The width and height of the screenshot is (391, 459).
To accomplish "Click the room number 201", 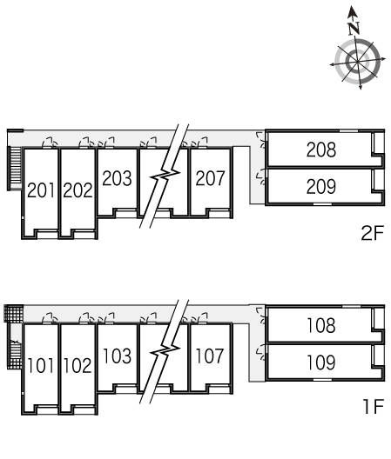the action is (41, 190).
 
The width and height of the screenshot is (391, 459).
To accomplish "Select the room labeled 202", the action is (78, 190).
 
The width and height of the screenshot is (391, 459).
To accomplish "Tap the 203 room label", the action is (117, 178).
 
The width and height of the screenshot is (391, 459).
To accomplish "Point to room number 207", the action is (210, 178).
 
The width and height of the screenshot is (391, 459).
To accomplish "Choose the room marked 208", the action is (321, 150).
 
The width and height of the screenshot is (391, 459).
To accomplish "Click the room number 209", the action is (321, 186).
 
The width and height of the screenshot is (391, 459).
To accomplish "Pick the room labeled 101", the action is (41, 366).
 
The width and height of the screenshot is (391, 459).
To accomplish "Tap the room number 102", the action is (78, 366).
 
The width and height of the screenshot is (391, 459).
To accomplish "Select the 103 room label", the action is (117, 356).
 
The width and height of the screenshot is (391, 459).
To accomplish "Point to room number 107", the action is (210, 356).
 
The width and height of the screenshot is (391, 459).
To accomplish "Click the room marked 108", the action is (321, 325).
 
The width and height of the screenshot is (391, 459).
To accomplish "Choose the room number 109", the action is (321, 363).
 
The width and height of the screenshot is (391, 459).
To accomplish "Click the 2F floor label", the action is (373, 233).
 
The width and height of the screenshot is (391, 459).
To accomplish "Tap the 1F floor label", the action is (373, 406).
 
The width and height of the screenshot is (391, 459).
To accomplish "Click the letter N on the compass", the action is (354, 28).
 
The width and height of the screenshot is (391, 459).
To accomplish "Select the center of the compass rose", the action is (357, 62).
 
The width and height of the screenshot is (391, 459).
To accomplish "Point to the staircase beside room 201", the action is (15, 169).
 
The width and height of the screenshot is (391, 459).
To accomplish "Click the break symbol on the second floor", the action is (165, 176).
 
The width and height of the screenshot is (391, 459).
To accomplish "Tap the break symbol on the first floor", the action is (165, 351).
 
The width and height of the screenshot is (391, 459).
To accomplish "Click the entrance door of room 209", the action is (261, 178).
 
